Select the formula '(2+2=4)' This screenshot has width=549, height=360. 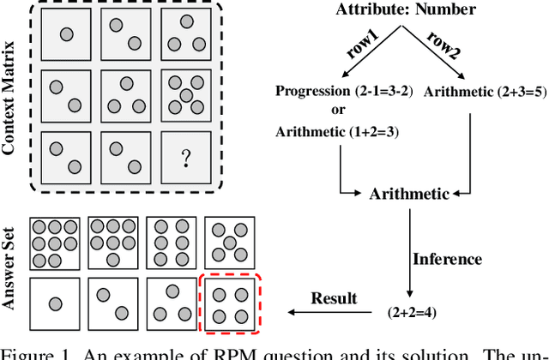click(x=411, y=313)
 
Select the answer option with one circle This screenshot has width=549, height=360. click(x=55, y=304)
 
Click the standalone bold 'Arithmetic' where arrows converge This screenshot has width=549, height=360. click(x=408, y=194)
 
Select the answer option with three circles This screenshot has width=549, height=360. click(x=171, y=304)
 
